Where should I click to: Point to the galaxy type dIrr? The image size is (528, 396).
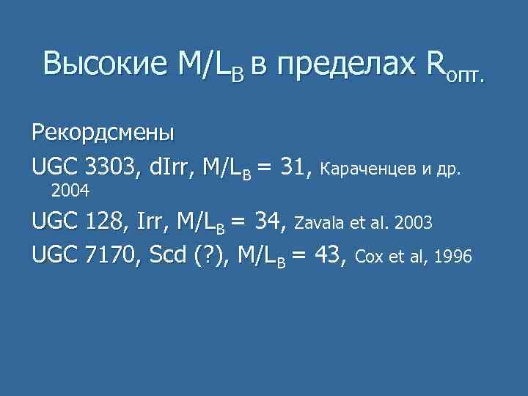(167, 169)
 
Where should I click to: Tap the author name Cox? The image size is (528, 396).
(367, 257)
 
